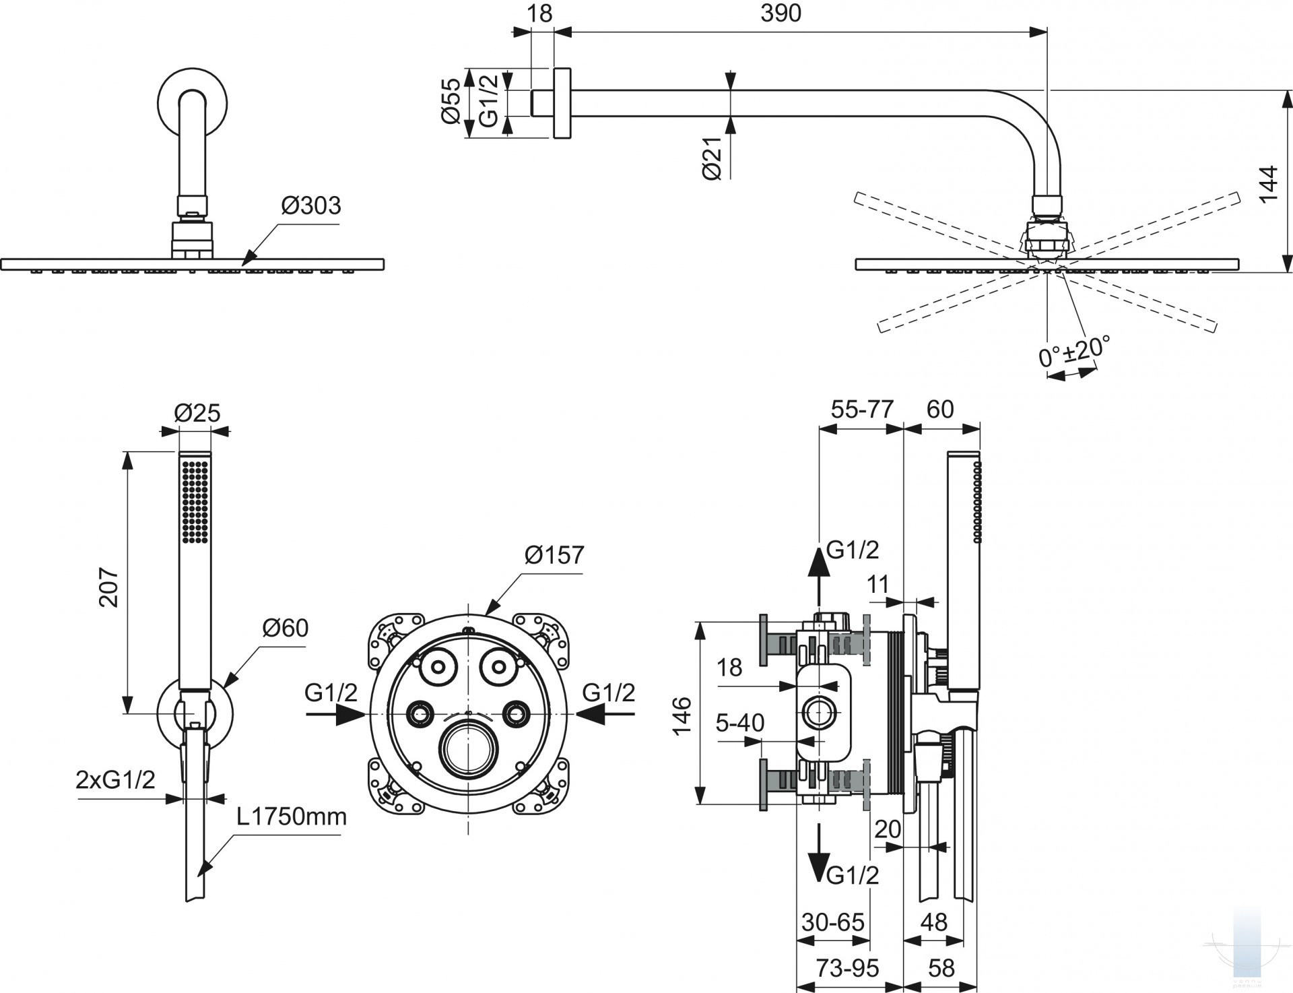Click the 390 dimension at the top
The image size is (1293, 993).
(x=781, y=14)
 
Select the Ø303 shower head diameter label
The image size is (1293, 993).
(x=310, y=205)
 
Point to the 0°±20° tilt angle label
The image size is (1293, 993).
(x=1073, y=351)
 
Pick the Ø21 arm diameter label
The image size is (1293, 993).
(x=712, y=158)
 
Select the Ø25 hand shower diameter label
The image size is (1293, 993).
(x=197, y=412)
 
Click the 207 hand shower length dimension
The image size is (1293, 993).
(x=110, y=587)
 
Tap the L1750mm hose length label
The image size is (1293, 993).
(x=291, y=816)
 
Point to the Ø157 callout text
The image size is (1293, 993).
(x=554, y=555)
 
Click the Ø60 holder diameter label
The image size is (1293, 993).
(x=285, y=628)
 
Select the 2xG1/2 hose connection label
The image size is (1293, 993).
(x=115, y=779)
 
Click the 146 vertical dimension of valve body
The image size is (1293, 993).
(x=682, y=716)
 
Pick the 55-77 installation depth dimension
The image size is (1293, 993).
(x=861, y=409)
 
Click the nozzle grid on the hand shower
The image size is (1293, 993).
(x=195, y=501)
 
